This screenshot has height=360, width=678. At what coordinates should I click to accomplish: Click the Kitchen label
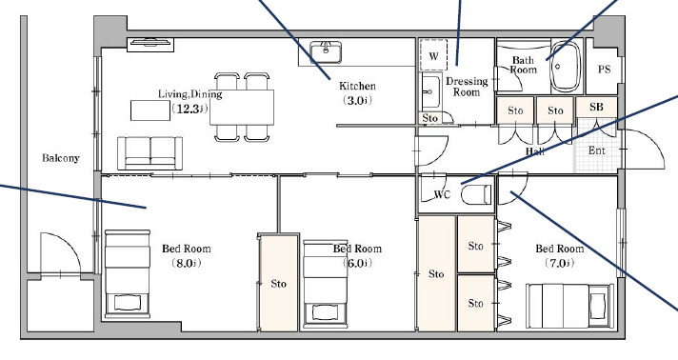click(357, 86)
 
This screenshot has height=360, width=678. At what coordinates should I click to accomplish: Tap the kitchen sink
click(325, 52)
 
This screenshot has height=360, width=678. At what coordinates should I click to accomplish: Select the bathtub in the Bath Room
click(565, 67)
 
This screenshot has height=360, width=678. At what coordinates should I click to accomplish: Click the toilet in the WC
click(476, 194)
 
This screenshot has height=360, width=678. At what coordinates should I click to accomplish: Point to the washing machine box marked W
click(433, 55)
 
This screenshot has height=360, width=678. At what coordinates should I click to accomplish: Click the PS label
click(604, 70)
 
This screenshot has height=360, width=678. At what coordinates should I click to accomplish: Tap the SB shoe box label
click(596, 107)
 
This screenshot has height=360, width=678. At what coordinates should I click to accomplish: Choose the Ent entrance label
click(597, 150)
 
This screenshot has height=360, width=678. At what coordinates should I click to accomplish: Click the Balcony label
click(61, 158)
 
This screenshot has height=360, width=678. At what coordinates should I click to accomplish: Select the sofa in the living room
click(150, 153)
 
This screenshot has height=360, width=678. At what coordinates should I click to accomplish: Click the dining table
click(242, 108)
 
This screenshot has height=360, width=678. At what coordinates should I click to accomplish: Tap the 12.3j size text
click(190, 109)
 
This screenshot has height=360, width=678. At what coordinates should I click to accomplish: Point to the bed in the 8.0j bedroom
click(128, 273)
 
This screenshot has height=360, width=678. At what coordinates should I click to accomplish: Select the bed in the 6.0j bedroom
click(325, 284)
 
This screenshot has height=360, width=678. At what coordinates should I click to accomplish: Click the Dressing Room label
click(467, 87)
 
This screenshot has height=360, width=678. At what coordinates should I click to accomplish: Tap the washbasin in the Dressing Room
click(430, 91)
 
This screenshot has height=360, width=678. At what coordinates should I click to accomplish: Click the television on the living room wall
click(150, 44)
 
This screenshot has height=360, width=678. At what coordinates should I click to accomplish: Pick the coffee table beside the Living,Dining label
click(150, 110)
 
